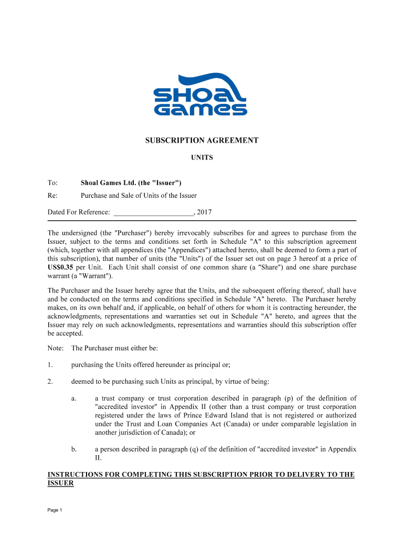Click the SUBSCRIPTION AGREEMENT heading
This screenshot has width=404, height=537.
coord(201,141)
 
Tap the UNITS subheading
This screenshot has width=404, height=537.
coord(201,157)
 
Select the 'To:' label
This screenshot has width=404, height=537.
coord(52,182)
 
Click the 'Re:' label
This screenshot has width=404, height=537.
coord(52,196)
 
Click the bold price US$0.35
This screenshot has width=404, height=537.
coord(59,267)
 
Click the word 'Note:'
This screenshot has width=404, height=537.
coord(56,348)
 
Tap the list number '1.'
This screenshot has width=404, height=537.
coord(50,364)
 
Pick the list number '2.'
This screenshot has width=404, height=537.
coord(50,381)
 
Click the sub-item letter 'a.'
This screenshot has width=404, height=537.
coord(74,398)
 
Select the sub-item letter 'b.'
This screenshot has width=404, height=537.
coord(74,449)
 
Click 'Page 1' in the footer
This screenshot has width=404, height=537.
coord(55,510)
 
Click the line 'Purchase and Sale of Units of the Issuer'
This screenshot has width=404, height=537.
coord(139,196)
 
